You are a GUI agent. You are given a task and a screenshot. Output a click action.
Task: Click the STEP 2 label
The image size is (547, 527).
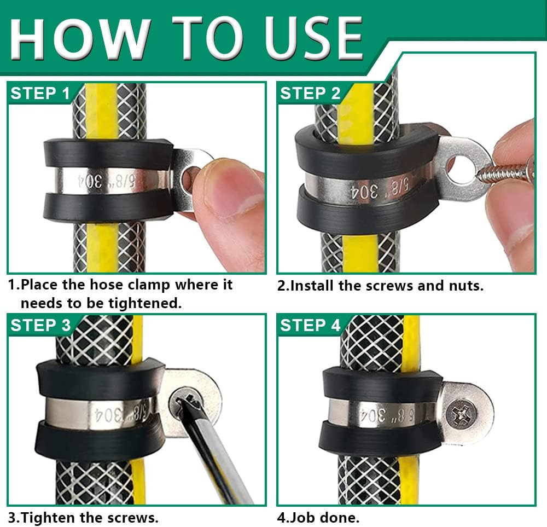(310, 93)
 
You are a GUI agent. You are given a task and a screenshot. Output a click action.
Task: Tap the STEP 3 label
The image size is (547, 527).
(40, 325)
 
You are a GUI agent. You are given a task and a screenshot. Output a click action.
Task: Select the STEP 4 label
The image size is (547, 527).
(310, 325)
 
